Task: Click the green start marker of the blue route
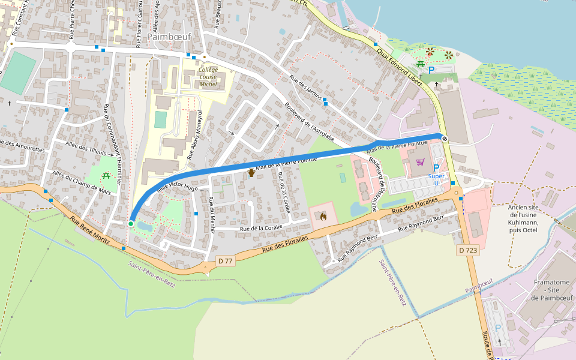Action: point(131,224)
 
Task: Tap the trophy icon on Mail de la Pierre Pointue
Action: point(251,173)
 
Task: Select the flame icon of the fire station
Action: point(323,215)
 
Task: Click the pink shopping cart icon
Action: point(420,162)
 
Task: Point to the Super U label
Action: point(436,176)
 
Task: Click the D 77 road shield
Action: point(225,260)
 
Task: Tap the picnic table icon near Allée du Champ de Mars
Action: point(106,176)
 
